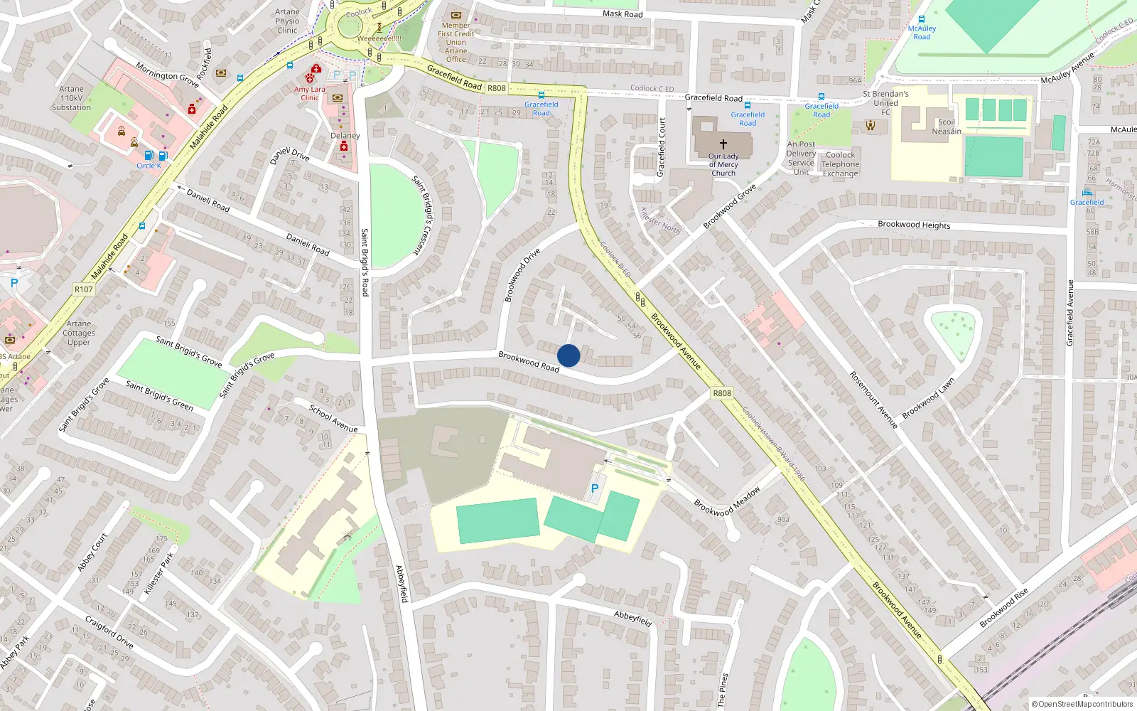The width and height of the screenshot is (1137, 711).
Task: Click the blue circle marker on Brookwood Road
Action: [x=568, y=355]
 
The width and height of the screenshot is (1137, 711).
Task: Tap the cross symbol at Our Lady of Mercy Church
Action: [x=723, y=144]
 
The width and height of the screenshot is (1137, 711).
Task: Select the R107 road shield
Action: [x=84, y=289]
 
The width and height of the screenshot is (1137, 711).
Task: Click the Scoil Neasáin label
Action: [x=947, y=127]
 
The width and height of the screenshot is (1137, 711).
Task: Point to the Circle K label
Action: [x=149, y=166]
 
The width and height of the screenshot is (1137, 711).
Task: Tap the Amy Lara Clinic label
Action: [x=310, y=93]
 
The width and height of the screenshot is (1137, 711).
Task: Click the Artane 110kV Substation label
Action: [x=71, y=98]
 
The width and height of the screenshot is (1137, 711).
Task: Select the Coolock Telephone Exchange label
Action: [x=841, y=164]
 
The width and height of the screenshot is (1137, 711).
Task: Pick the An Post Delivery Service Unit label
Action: [x=801, y=158]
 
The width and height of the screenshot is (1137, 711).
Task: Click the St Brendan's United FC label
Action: [x=885, y=103]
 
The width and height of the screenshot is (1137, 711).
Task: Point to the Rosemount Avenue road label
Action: [x=874, y=400]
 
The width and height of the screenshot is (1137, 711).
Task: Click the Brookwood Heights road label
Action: [x=914, y=225]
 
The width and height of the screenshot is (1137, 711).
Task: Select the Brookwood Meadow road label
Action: [x=727, y=501]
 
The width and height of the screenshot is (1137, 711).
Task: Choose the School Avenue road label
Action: [x=333, y=419]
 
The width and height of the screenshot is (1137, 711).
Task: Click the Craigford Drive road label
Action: [x=109, y=632]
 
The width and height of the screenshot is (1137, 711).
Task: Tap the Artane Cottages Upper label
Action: [x=79, y=333]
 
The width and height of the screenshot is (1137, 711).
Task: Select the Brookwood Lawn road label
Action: [x=928, y=398]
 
